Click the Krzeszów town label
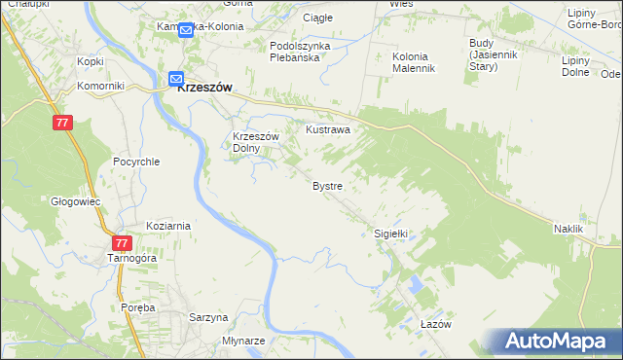click(x=206, y=86)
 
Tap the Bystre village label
click(x=326, y=185)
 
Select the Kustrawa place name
click(x=328, y=128)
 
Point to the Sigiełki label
click(x=390, y=234)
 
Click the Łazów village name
click(x=437, y=325)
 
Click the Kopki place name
click(x=91, y=61)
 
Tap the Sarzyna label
click(x=208, y=317)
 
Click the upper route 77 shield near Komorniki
click(x=62, y=123)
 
